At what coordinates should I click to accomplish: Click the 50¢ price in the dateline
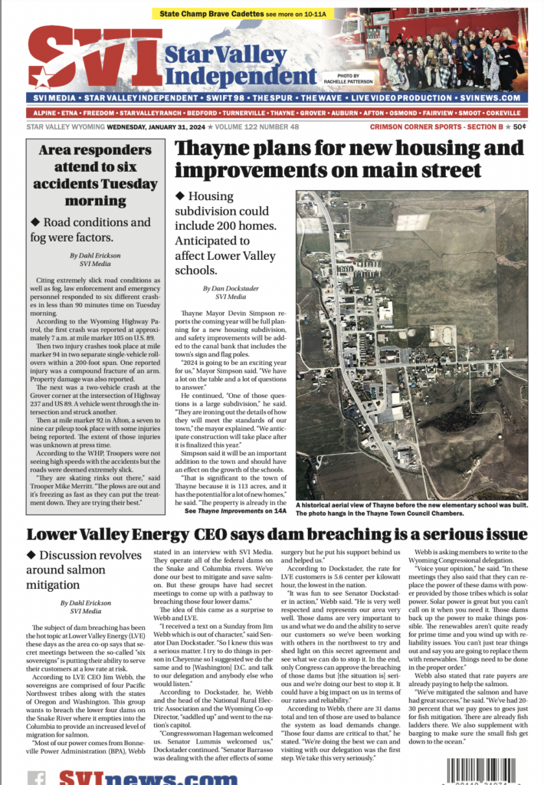pos(519,126)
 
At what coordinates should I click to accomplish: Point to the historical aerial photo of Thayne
pos(411,345)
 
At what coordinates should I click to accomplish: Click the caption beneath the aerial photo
pos(411,508)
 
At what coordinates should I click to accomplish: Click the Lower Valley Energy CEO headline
pos(277,534)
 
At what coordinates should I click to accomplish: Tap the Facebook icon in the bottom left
pos(36,777)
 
